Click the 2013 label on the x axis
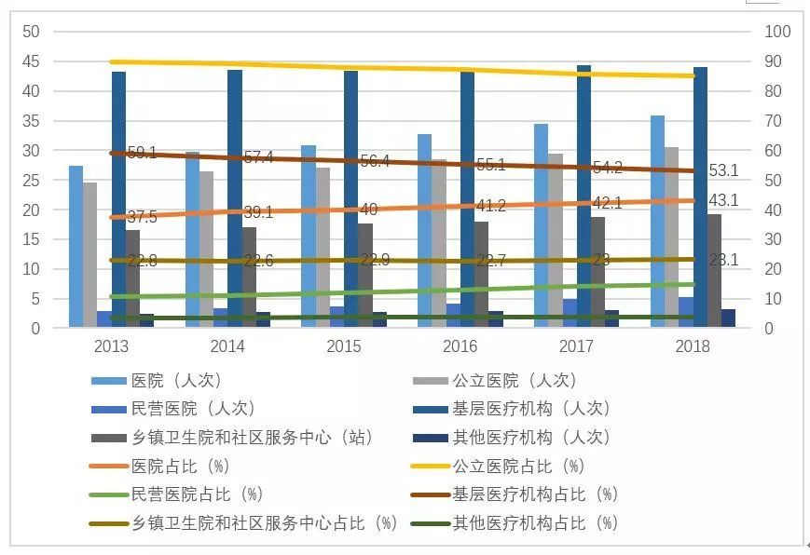[111, 346]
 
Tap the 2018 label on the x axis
[692, 346]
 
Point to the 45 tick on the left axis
[31, 61]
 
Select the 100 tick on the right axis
[777, 32]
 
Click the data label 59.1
[142, 154]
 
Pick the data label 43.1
[723, 200]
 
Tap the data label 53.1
[723, 170]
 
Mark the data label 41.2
[490, 206]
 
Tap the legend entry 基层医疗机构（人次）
[531, 408]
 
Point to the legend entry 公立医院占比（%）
[518, 466]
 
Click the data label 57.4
[257, 157]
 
